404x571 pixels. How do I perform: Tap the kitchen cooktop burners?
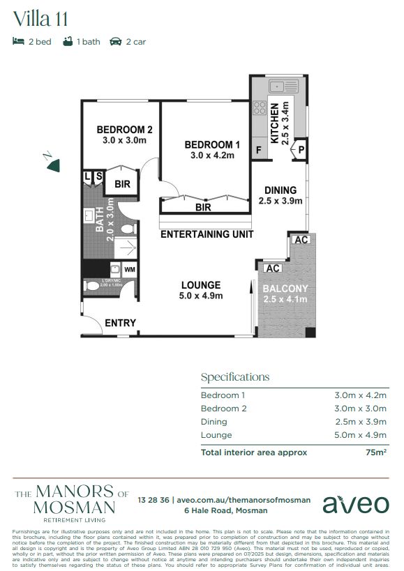pos(260,107)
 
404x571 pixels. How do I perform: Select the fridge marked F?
pos(259,149)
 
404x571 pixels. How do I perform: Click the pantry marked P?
pos(302,149)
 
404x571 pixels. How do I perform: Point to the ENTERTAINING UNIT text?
pos(207,234)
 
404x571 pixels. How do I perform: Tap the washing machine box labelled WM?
pos(130,269)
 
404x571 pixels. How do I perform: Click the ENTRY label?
pos(120,323)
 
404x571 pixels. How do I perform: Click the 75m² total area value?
pos(377,452)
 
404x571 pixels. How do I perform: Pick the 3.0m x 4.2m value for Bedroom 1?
pos(361,395)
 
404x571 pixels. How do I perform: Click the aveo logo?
pos(355,504)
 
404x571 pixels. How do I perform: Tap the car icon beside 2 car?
pos(117,42)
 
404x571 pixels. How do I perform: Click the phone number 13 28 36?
pos(154,499)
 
